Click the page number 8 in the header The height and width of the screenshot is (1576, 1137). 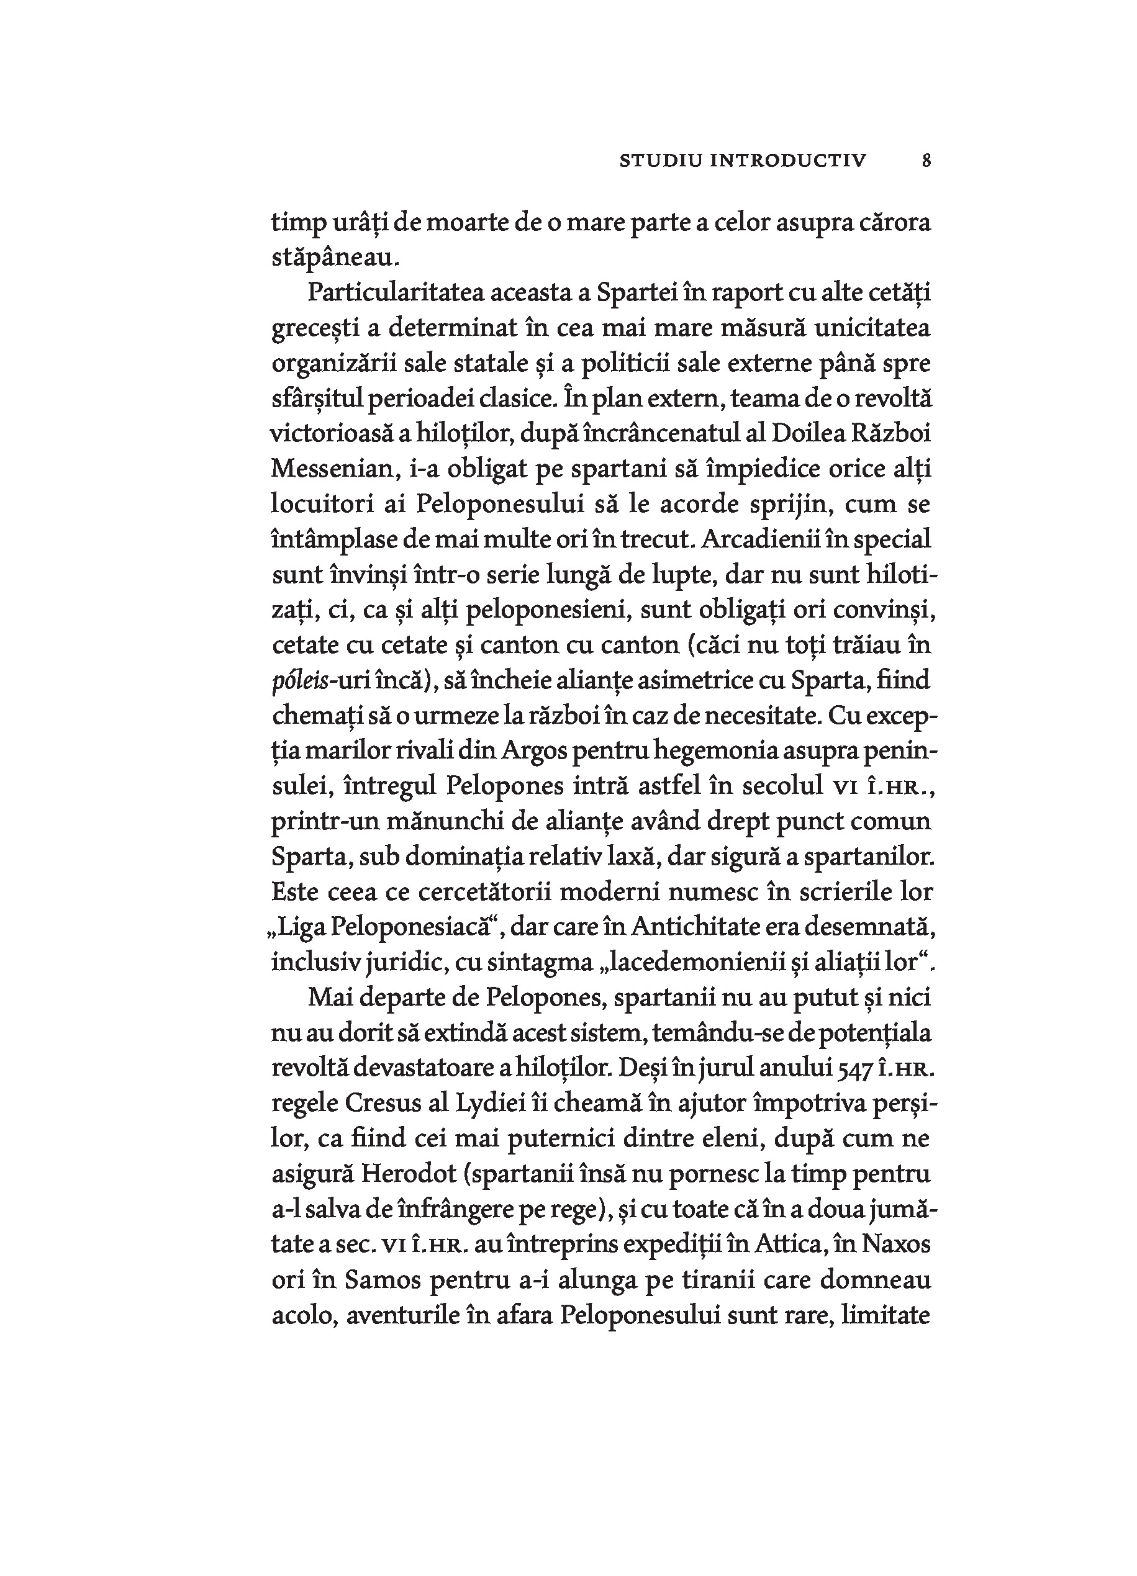926,161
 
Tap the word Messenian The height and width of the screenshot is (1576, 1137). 332,469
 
